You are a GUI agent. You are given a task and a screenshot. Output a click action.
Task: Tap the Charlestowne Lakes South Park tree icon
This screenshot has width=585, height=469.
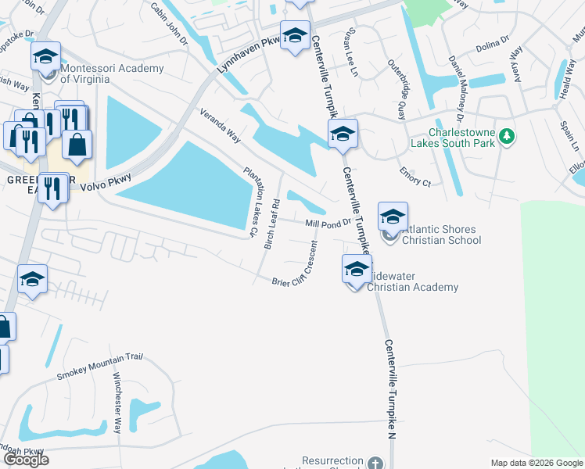coord(507,136)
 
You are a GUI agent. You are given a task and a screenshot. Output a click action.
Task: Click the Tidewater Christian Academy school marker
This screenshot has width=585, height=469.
coord(356,270)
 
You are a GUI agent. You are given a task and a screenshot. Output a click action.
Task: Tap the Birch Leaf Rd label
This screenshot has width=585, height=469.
coord(271,224)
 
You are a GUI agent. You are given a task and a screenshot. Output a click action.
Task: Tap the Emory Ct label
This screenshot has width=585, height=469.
coord(415,177)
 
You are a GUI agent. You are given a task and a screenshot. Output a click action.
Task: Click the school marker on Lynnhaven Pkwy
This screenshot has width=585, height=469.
coord(295,36)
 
